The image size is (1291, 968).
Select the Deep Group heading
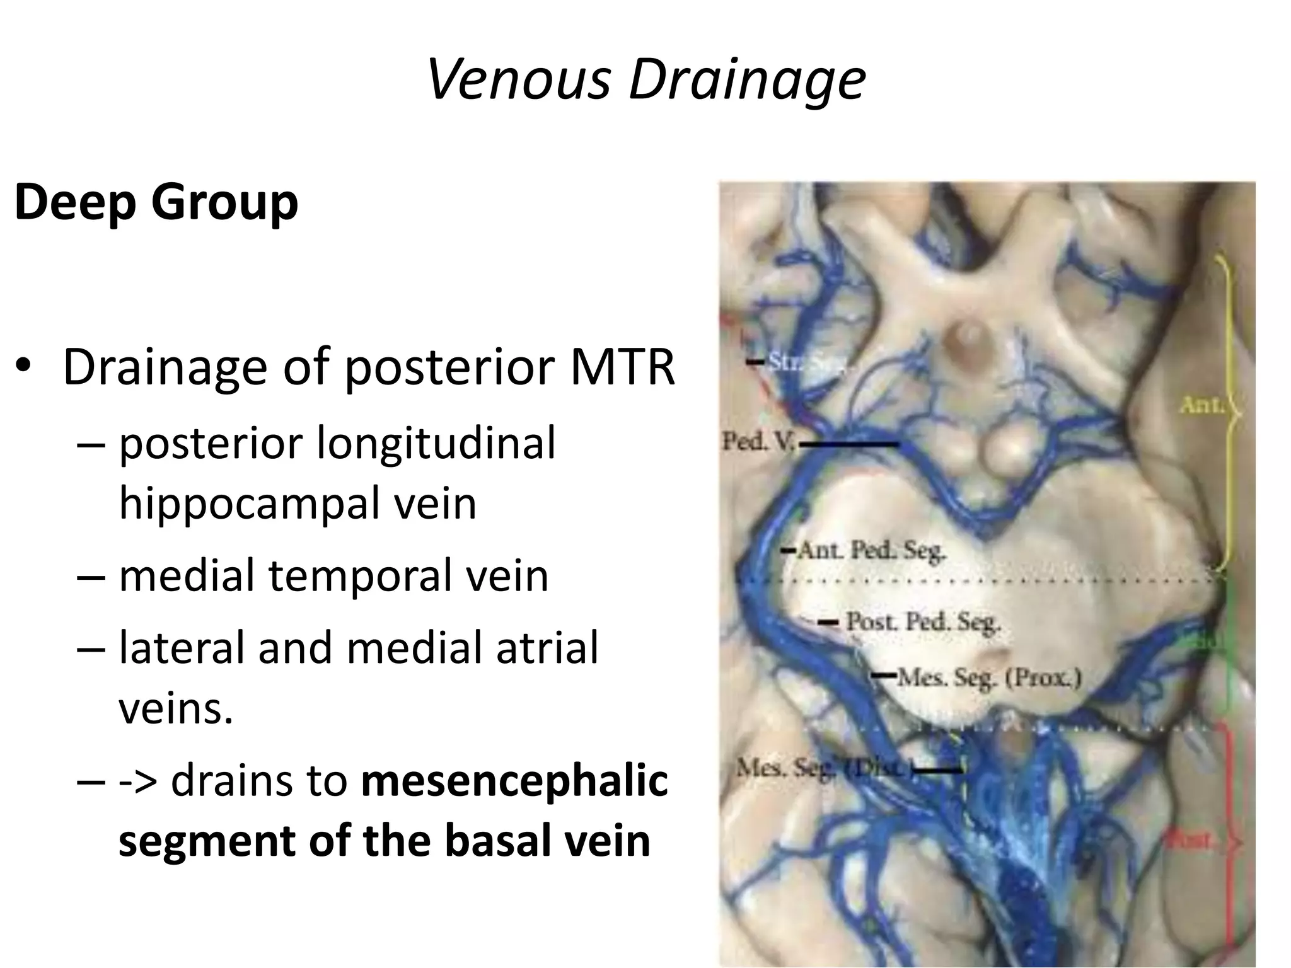click(x=156, y=203)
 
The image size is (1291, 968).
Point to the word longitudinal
click(x=435, y=442)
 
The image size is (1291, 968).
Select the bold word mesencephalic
click(x=514, y=780)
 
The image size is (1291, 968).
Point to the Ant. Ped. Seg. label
click(x=872, y=551)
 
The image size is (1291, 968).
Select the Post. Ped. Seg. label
click(x=922, y=622)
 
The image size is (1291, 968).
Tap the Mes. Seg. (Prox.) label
click(x=988, y=678)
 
